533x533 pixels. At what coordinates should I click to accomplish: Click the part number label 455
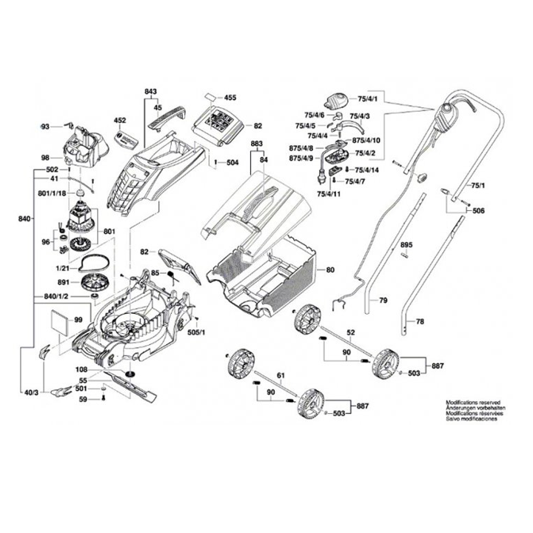(230, 98)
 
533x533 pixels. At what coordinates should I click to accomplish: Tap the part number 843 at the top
(151, 91)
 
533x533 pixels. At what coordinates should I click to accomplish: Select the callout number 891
(65, 281)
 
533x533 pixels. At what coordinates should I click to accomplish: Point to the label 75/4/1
(367, 98)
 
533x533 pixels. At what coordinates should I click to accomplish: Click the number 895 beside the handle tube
(406, 244)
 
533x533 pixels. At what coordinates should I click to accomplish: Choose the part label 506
(478, 211)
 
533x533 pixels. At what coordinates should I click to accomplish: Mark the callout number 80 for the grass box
(330, 270)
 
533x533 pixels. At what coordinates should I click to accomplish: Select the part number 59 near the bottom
(84, 400)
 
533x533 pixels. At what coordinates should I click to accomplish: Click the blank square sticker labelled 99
(57, 321)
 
